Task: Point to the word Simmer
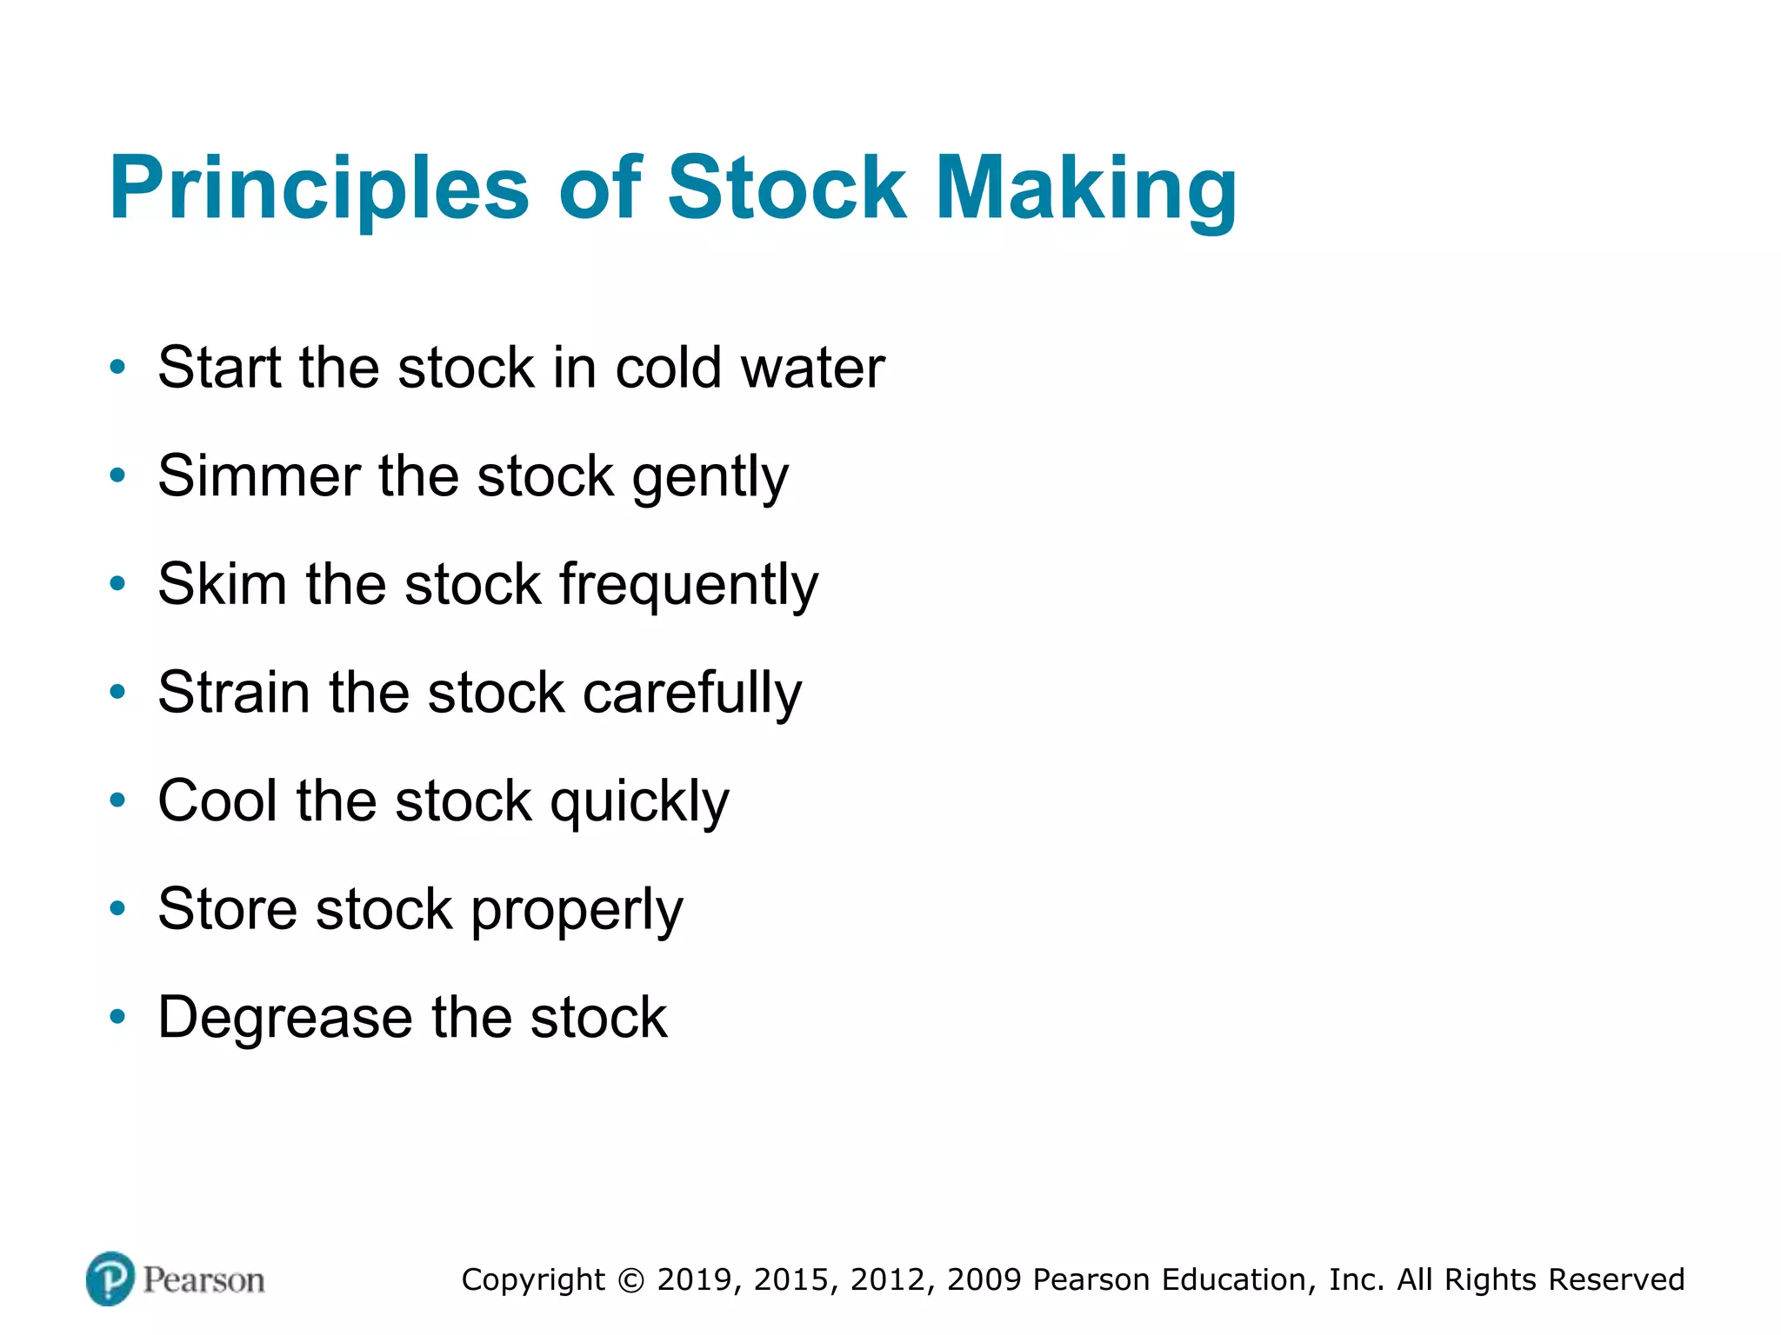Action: click(x=258, y=476)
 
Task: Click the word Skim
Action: click(x=222, y=584)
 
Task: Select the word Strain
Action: click(x=234, y=693)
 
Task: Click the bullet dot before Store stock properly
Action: click(x=117, y=909)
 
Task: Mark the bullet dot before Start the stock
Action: click(x=117, y=368)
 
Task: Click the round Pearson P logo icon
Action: click(x=110, y=1279)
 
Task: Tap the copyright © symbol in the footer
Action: click(x=631, y=1280)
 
